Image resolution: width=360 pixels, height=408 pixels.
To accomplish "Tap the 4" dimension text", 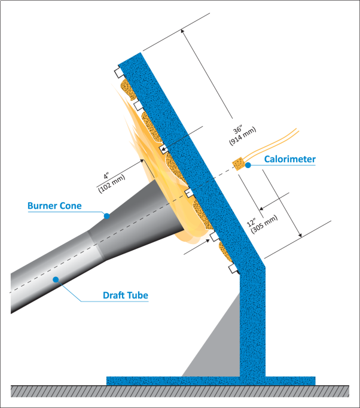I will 106,176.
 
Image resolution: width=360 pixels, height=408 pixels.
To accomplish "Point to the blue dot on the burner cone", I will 106,215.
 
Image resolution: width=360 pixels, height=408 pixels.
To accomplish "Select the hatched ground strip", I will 179,391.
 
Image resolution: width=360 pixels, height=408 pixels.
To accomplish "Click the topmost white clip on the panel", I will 118,73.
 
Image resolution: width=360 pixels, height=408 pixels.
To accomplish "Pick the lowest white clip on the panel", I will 233,269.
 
